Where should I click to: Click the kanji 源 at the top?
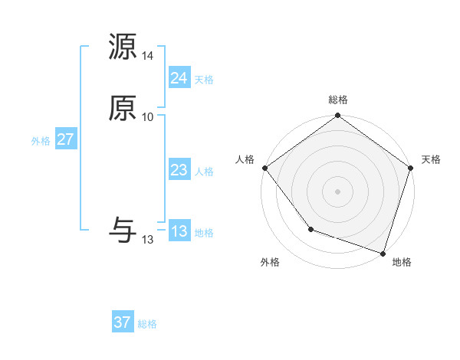tap(123, 47)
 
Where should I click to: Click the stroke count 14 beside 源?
tap(148, 57)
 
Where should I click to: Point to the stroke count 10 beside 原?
tap(148, 117)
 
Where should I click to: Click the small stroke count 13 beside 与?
tap(148, 240)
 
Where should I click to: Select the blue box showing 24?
tap(179, 78)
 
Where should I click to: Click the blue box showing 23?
tap(179, 171)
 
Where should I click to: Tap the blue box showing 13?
tap(179, 231)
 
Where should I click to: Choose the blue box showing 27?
tap(65, 139)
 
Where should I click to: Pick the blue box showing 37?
tap(123, 322)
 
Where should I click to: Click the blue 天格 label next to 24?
tap(204, 80)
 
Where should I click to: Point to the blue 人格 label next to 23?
tap(204, 172)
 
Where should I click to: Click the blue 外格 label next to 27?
tap(41, 141)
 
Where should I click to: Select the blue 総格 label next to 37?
tap(147, 324)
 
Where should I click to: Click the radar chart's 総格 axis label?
tap(338, 100)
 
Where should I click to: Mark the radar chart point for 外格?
tap(310, 229)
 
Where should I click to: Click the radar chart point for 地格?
tap(383, 253)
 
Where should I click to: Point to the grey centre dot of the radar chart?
tap(338, 191)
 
